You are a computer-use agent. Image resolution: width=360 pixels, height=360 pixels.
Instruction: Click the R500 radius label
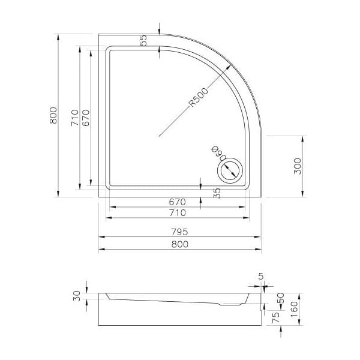[x=199, y=97]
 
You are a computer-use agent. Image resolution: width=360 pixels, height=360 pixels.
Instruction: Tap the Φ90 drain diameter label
[x=218, y=153]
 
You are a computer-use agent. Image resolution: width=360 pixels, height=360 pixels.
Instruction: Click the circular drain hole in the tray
[x=230, y=171]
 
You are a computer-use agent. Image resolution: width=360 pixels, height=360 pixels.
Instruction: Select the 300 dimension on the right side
[x=298, y=166]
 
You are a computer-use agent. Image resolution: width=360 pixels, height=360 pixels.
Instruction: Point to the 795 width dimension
[x=180, y=232]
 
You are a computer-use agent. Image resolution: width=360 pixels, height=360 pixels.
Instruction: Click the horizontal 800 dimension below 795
[x=180, y=244]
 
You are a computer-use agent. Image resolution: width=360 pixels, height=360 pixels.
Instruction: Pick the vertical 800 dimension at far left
[x=53, y=115]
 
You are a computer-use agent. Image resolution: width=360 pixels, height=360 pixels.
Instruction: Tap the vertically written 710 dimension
[x=75, y=118]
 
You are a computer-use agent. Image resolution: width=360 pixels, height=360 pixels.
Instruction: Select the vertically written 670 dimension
[x=86, y=118]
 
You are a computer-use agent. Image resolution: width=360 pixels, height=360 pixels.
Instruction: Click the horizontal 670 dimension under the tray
[x=177, y=202]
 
